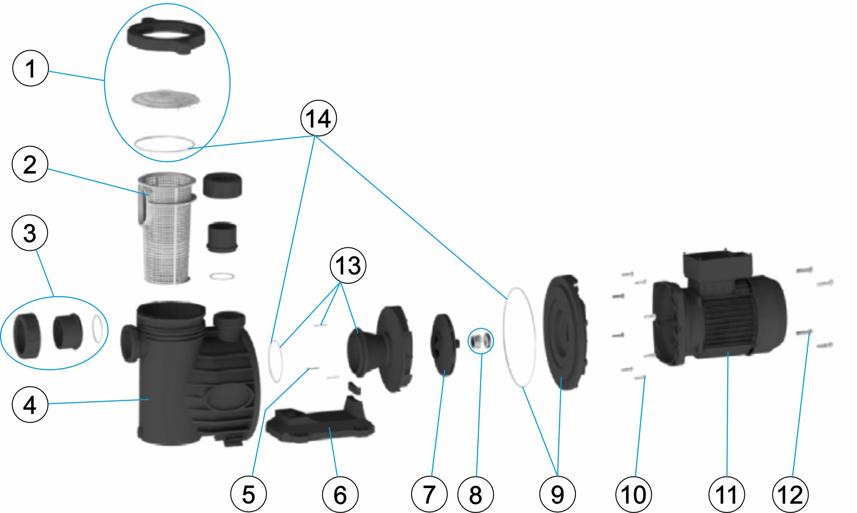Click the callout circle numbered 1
click(x=30, y=69)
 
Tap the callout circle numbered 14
click(x=318, y=118)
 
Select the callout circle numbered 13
click(x=348, y=266)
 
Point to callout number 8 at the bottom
click(x=476, y=495)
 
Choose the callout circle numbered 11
click(x=727, y=495)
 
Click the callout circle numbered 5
click(x=249, y=495)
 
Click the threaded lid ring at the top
click(x=166, y=36)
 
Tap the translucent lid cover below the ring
click(x=165, y=99)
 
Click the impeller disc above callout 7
click(x=444, y=345)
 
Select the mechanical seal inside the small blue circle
click(x=480, y=341)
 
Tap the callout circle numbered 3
click(x=30, y=233)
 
